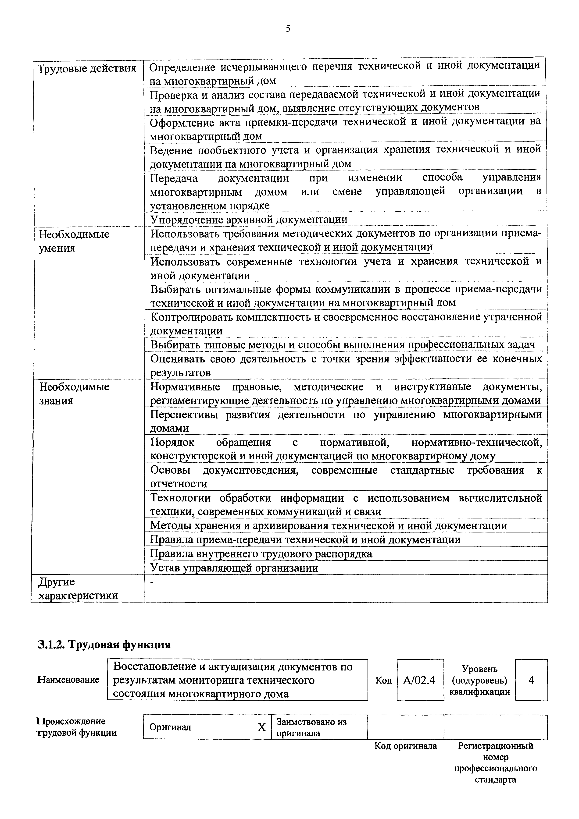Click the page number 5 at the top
pos(288,28)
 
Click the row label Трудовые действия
pos(87,68)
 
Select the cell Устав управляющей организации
pos(234,567)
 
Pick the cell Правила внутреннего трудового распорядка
pos(261,554)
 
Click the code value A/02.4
pos(419,680)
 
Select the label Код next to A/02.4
pos(383,681)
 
